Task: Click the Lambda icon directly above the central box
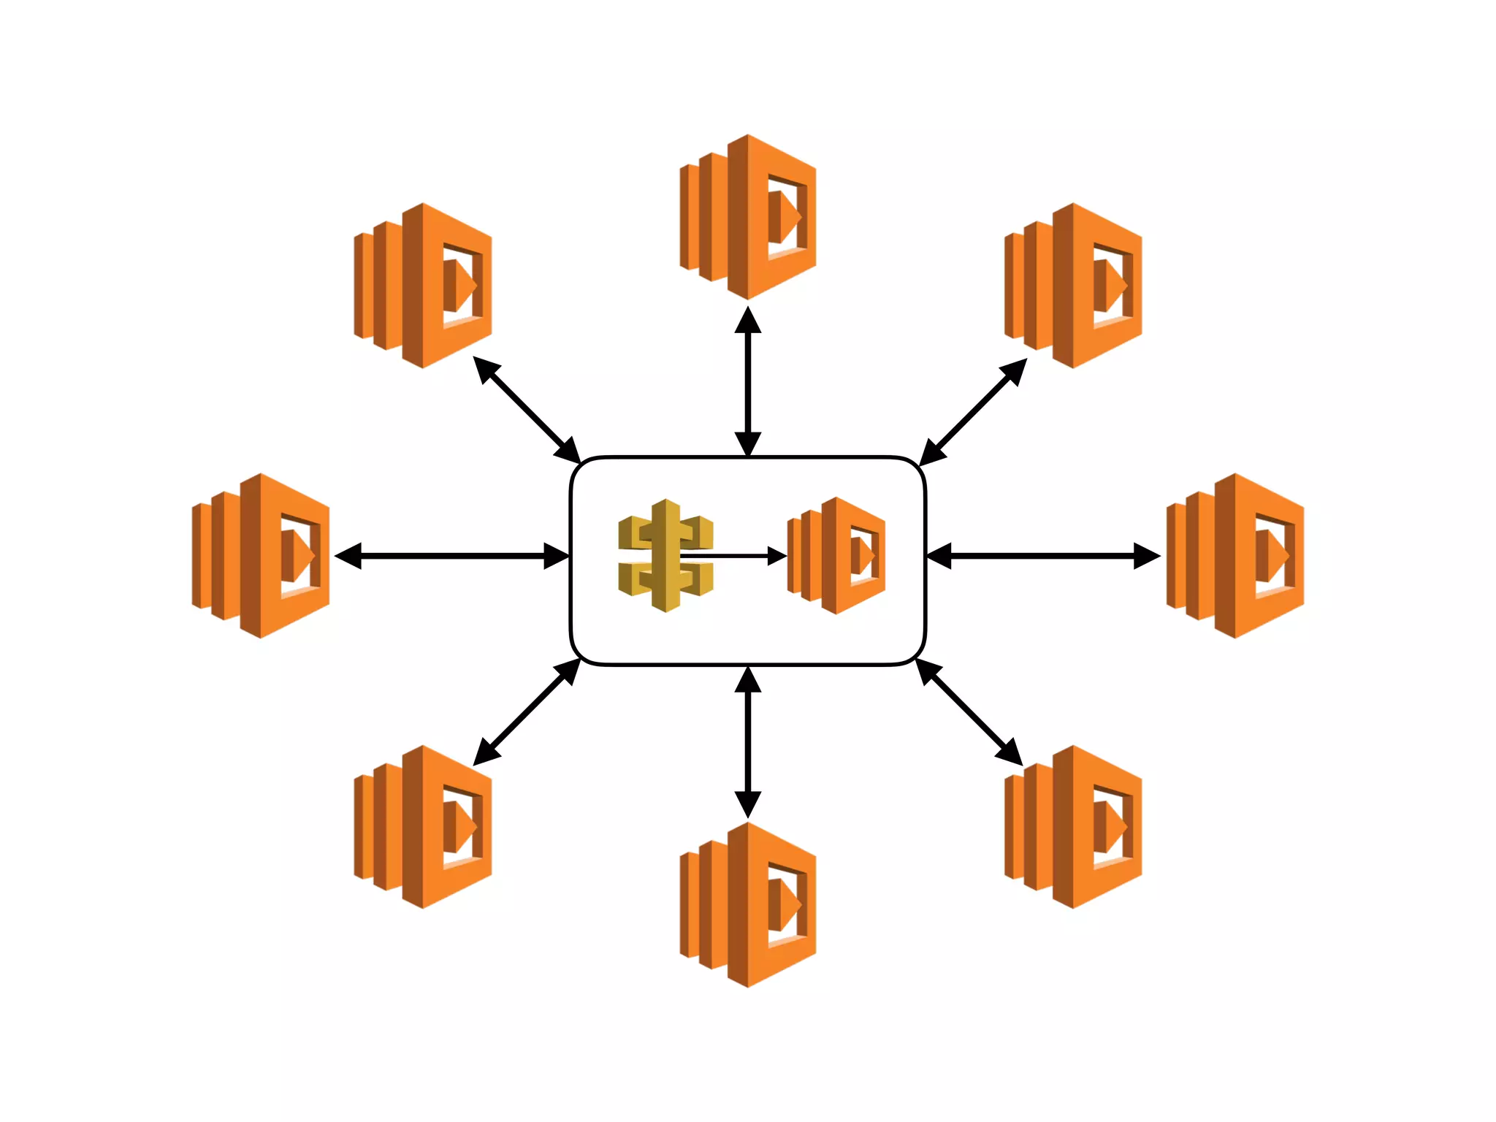click(x=748, y=217)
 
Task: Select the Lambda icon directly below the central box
click(x=748, y=905)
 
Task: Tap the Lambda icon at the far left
click(x=261, y=556)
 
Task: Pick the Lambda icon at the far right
click(x=1235, y=556)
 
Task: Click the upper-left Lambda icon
click(x=423, y=286)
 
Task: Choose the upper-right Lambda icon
click(x=1073, y=286)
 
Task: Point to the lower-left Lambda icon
click(x=423, y=827)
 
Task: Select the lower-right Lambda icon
click(x=1073, y=827)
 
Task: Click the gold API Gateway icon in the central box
click(x=665, y=556)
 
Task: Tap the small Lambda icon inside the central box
click(x=837, y=556)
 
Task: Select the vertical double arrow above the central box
click(x=748, y=381)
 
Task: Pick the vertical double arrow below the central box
click(x=748, y=741)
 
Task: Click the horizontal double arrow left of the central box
click(x=451, y=556)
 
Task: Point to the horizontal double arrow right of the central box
click(x=1043, y=556)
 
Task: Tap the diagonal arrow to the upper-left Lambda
click(x=527, y=410)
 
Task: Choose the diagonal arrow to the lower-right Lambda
click(x=969, y=712)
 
